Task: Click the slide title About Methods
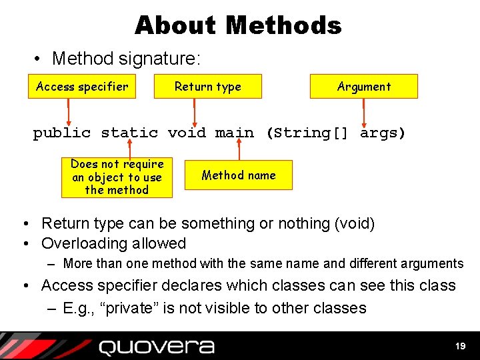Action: pyautogui.click(x=238, y=25)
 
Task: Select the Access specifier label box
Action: pyautogui.click(x=82, y=87)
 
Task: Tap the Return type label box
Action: pyautogui.click(x=207, y=87)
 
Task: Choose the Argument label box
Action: pyautogui.click(x=363, y=87)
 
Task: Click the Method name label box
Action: pyautogui.click(x=238, y=175)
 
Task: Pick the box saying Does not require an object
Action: pyautogui.click(x=117, y=177)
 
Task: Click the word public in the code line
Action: pyautogui.click(x=61, y=133)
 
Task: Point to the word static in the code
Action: pyautogui.click(x=129, y=133)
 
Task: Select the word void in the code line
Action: pyautogui.click(x=187, y=133)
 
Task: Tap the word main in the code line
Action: pyautogui.click(x=234, y=133)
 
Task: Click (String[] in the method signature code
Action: pyautogui.click(x=307, y=133)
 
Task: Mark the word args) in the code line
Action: pyautogui.click(x=382, y=133)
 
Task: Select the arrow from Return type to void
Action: pyautogui.click(x=194, y=111)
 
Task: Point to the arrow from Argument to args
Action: pyautogui.click(x=364, y=111)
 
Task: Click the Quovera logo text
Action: pyautogui.click(x=157, y=347)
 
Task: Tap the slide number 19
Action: pyautogui.click(x=460, y=346)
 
